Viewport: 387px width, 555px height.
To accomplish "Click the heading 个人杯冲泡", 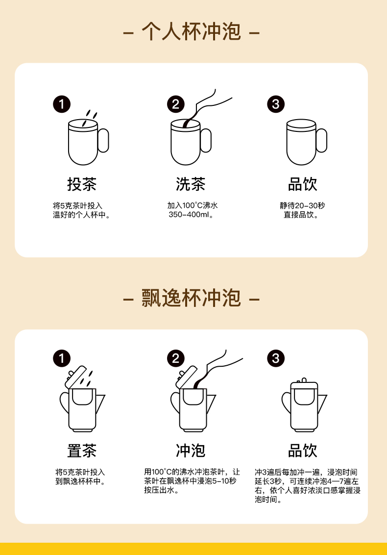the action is (x=192, y=31).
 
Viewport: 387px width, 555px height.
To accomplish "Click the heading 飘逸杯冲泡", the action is (x=192, y=298).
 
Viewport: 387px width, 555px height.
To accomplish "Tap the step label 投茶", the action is (x=82, y=184).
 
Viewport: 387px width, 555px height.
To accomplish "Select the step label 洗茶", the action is (x=191, y=184).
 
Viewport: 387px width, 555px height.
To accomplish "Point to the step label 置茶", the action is (x=82, y=451).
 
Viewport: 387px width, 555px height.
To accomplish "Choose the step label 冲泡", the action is (x=191, y=451).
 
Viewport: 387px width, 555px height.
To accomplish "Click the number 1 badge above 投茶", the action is (x=62, y=104).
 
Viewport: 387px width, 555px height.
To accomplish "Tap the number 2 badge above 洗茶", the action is (x=176, y=104).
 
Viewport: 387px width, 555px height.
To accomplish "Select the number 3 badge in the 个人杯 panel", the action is (x=276, y=104).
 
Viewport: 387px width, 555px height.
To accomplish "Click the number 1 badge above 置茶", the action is (x=62, y=358).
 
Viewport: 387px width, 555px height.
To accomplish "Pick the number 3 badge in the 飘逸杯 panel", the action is (x=276, y=358).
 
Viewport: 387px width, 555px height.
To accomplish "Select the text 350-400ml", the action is (x=189, y=214).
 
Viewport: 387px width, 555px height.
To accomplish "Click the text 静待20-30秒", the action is (x=302, y=205).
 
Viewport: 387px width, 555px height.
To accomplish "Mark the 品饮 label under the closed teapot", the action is (x=302, y=451).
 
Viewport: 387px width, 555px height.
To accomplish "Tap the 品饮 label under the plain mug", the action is (x=302, y=184).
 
